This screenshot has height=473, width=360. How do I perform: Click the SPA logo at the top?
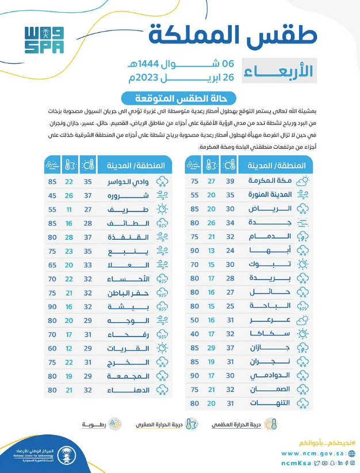point(44,40)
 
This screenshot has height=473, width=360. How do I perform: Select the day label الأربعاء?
point(279,71)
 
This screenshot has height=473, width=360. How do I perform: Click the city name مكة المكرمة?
point(270,180)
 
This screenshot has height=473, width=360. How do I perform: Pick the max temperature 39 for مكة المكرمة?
point(229,180)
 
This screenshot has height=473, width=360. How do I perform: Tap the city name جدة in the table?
point(270,222)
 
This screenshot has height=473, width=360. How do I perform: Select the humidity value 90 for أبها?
point(194,250)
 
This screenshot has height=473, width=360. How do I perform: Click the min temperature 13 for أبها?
point(211,250)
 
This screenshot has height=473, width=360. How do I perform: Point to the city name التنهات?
point(270,403)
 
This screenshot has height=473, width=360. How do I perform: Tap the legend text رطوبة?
point(95,424)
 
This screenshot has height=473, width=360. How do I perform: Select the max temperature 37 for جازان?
point(229,348)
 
